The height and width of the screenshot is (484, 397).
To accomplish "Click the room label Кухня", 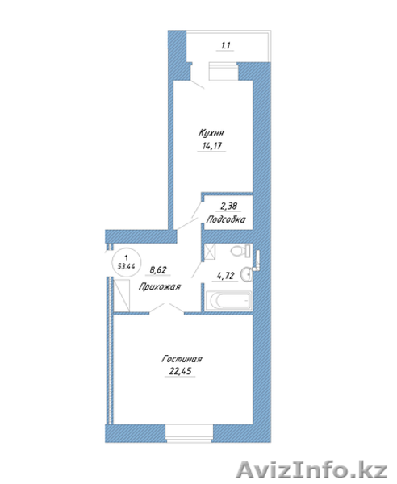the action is (x=211, y=133).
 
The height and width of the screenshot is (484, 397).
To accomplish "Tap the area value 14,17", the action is (x=211, y=145).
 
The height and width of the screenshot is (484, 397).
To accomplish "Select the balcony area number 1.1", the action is (x=225, y=45).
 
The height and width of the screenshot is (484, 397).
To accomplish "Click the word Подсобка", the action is (x=226, y=219).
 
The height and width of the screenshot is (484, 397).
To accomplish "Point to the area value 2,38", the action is (x=228, y=206).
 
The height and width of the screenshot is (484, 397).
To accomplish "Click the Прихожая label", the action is (x=160, y=286).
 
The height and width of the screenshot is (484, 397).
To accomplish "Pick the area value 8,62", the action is (x=158, y=270).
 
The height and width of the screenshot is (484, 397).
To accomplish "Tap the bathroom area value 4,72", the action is (x=226, y=276).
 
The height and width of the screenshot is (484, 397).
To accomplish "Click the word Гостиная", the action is (x=182, y=359).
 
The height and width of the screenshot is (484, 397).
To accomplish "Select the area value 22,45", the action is (x=180, y=371).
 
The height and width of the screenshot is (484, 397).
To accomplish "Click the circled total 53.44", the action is (x=126, y=266).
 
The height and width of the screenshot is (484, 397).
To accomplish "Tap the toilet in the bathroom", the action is (x=240, y=250).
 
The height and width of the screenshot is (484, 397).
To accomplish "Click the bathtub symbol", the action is (x=228, y=300).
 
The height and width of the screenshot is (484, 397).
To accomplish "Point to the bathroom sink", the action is (x=246, y=273).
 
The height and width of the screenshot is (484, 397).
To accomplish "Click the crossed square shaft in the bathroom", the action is (x=210, y=252).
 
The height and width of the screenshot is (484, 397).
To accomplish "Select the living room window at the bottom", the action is (x=190, y=433).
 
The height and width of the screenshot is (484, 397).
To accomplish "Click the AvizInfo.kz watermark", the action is (x=311, y=469).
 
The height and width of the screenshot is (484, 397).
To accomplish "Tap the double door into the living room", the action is (x=167, y=308).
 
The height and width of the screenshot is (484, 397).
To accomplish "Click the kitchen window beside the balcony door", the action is (x=223, y=71).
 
